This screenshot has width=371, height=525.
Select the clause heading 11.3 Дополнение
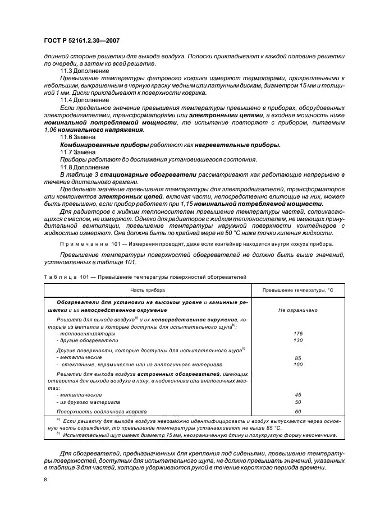click(77, 72)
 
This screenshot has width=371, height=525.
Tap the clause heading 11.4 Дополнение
click(77, 99)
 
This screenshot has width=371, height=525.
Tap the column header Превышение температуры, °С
click(298, 290)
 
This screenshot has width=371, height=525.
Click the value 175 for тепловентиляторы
click(298, 333)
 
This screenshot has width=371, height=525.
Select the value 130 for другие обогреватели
click(298, 340)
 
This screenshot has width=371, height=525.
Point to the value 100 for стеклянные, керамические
click(298, 365)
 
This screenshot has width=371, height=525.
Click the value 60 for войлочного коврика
click(298, 411)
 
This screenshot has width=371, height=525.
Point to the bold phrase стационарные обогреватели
click(118, 175)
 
